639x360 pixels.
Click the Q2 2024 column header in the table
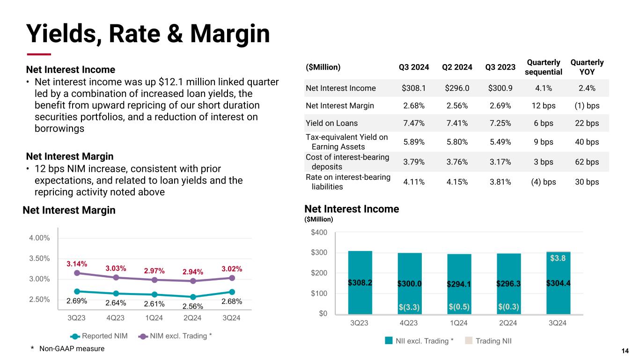457,66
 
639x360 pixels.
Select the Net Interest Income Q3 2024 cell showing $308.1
414,88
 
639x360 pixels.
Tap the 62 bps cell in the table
587,162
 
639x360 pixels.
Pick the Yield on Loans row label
331,123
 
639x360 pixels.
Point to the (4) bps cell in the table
544,182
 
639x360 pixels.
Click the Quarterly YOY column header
587,67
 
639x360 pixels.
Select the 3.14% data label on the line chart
76,264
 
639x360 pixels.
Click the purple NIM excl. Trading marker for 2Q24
193,281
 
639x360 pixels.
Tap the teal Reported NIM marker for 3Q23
77,291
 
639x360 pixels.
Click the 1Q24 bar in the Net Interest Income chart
459,284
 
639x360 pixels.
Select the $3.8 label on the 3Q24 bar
558,258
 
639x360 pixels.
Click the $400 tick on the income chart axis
320,233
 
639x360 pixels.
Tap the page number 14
624,351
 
